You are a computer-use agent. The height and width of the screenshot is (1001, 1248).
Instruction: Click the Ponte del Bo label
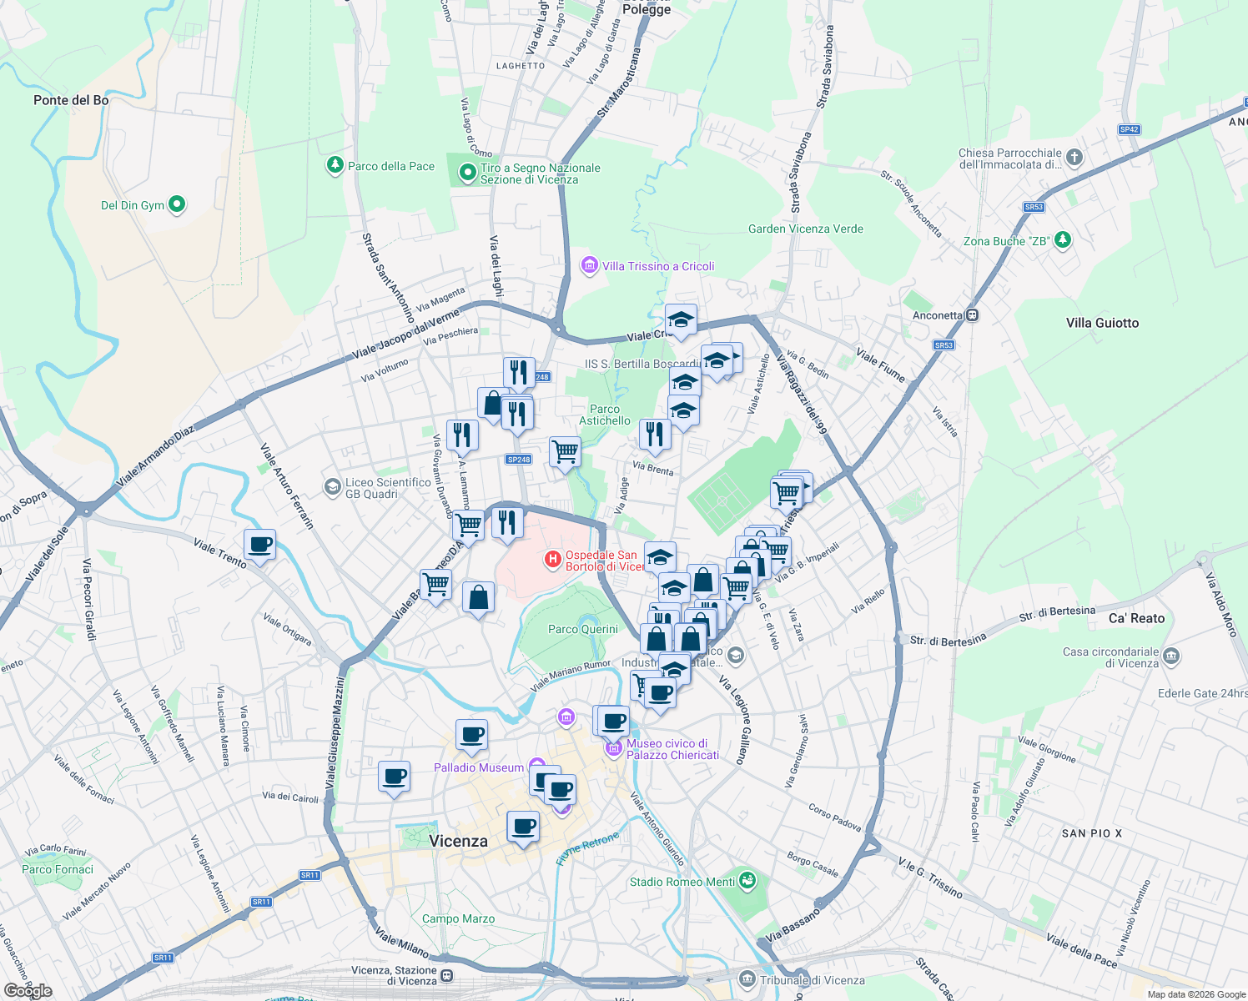(71, 100)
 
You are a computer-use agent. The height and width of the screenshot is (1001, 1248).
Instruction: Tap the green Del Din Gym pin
(176, 204)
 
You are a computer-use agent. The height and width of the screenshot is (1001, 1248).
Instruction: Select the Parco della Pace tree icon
(335, 165)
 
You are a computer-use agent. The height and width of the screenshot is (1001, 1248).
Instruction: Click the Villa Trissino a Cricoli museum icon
(590, 266)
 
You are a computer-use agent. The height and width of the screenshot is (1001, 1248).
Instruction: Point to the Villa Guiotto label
(1102, 323)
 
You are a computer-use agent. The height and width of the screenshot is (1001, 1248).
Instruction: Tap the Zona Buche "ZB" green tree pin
(1062, 240)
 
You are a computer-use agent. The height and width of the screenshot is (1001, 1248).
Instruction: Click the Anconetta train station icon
(972, 315)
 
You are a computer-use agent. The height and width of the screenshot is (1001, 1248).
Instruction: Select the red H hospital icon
(552, 560)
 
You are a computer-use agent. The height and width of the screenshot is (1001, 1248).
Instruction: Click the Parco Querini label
(583, 629)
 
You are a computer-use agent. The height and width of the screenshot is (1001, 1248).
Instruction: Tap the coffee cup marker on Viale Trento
(260, 545)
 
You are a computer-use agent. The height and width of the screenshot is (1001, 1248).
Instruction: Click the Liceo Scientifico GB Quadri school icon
(333, 485)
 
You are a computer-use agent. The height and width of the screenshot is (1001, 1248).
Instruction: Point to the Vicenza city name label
(458, 841)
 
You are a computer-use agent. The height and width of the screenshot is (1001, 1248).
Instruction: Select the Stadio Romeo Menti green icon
(747, 880)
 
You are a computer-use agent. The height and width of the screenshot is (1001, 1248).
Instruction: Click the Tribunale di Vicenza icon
(747, 978)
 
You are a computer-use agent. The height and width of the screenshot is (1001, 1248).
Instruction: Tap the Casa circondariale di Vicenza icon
(1170, 656)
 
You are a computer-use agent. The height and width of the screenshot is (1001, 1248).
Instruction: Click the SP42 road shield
(1129, 129)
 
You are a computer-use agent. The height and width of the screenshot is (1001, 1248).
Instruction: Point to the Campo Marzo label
(458, 918)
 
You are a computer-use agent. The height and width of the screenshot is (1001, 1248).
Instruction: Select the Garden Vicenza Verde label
(806, 229)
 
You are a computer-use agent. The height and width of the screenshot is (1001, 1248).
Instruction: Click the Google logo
(28, 991)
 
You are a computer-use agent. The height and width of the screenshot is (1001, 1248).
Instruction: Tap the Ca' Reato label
(1136, 618)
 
